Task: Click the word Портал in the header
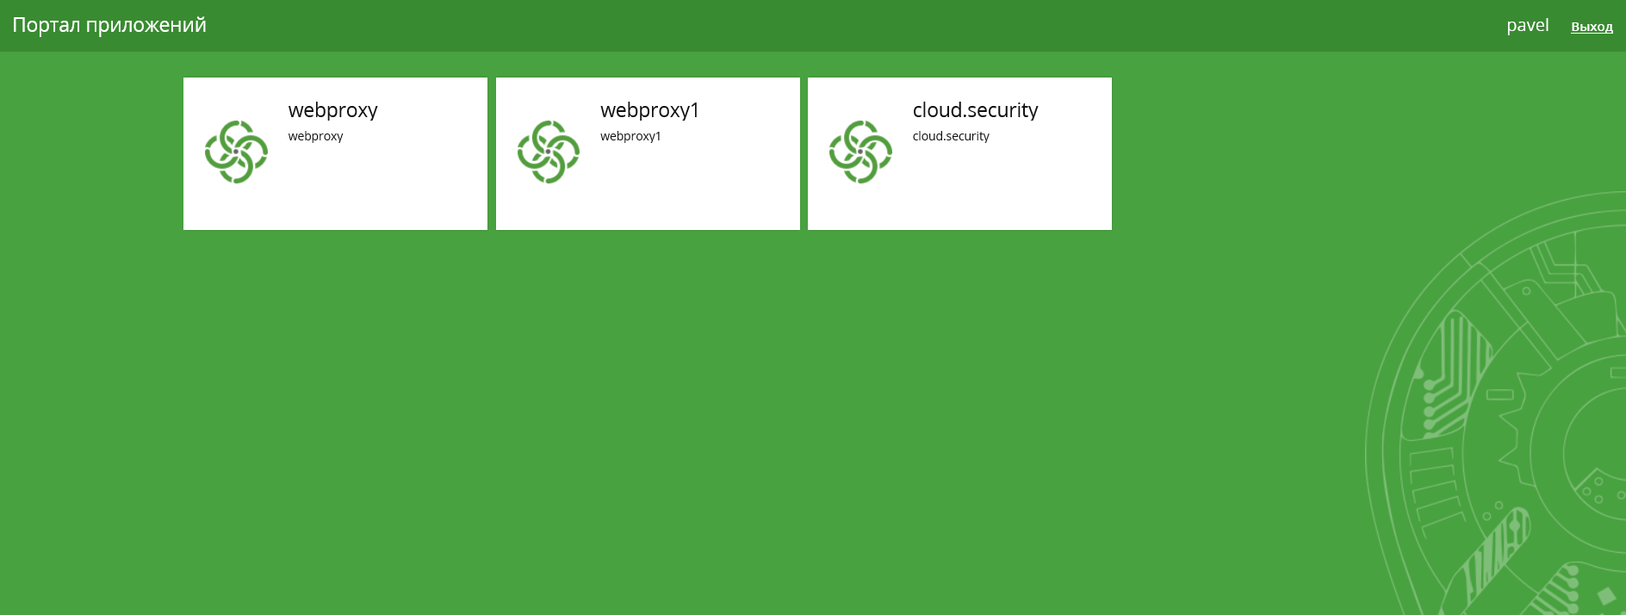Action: [46, 25]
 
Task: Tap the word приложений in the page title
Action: [146, 26]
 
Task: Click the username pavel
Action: [1528, 26]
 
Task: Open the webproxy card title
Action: [333, 110]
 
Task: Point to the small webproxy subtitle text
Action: [315, 136]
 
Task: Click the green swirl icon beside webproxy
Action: [236, 152]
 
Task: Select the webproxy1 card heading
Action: [649, 110]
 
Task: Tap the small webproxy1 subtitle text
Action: [630, 136]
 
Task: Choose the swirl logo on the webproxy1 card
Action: [549, 152]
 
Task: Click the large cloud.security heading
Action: [975, 110]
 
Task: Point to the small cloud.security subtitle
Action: [951, 136]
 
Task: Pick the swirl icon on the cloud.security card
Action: [860, 152]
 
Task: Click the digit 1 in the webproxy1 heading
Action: [694, 109]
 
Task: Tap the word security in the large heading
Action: [1002, 110]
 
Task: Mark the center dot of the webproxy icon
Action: [236, 152]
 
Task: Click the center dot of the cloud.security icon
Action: [860, 152]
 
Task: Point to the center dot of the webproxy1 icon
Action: [549, 152]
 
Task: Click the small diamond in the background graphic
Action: [1606, 596]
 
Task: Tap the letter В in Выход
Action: [1575, 27]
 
